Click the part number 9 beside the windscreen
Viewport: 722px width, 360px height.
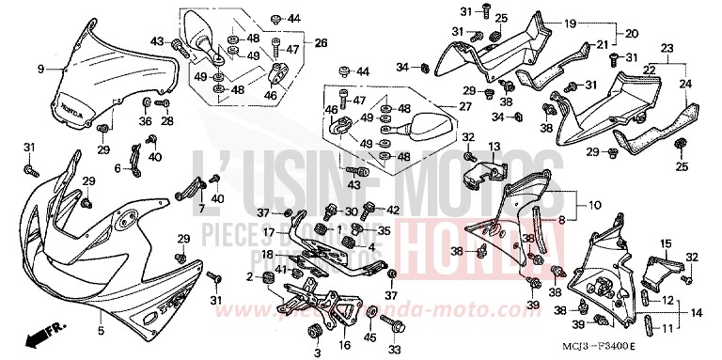click(40, 69)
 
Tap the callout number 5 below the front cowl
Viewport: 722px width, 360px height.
click(100, 331)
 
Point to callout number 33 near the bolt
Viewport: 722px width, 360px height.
click(394, 350)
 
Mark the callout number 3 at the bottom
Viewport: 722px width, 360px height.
click(316, 351)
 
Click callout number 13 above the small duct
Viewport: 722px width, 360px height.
click(494, 147)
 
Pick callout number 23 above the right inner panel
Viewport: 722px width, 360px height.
click(667, 48)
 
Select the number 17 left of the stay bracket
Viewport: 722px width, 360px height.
click(268, 232)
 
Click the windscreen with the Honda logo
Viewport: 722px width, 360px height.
click(114, 80)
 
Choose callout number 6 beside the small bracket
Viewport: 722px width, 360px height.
click(118, 168)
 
